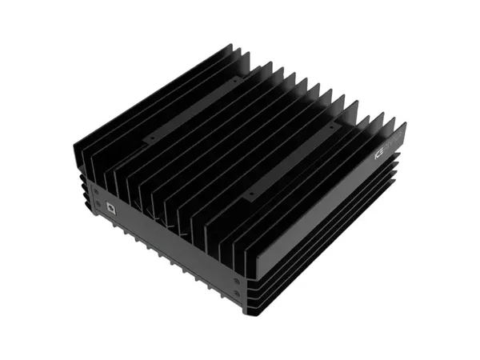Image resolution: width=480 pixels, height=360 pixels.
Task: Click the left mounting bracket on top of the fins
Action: tap(192, 109)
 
